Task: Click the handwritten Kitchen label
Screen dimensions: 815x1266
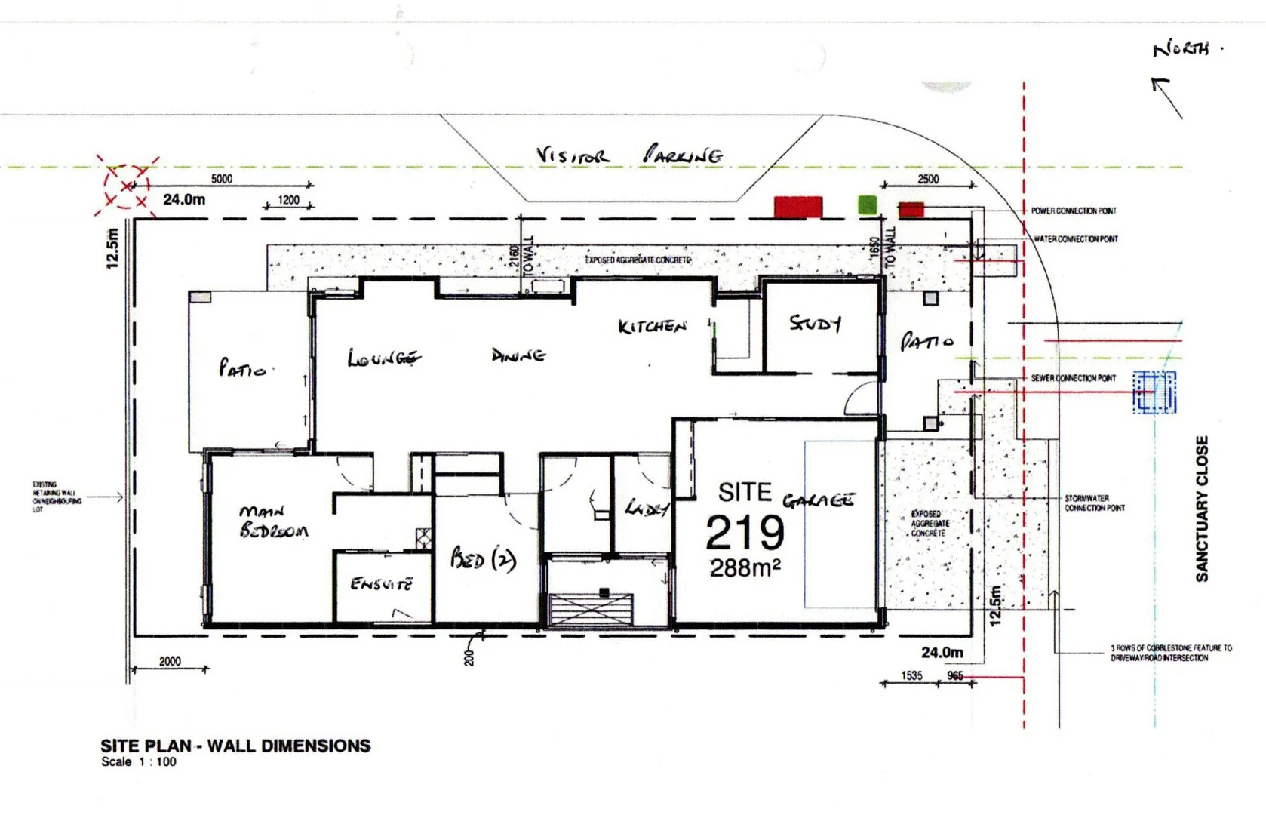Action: [x=652, y=326]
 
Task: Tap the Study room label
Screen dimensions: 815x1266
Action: [x=815, y=324]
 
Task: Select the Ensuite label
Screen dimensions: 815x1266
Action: [x=382, y=584]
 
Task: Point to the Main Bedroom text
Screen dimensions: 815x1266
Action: [x=273, y=521]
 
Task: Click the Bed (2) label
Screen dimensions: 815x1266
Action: [x=483, y=558]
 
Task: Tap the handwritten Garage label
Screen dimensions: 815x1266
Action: [x=819, y=500]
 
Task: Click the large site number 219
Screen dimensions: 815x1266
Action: [x=745, y=533]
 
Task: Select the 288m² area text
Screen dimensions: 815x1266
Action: [x=745, y=567]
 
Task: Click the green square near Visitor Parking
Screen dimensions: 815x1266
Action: [x=868, y=204]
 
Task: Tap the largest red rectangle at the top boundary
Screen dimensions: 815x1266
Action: [x=798, y=207]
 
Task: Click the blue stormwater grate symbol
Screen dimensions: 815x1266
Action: [x=1154, y=392]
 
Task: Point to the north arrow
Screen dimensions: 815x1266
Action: [x=1167, y=97]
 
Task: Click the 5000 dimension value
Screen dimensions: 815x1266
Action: [x=221, y=179]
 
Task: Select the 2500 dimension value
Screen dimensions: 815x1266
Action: [x=928, y=179]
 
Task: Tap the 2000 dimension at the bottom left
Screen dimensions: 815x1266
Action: [x=170, y=661]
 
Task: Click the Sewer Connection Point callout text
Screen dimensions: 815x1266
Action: [x=1073, y=378]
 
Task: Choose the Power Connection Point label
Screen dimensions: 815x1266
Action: [x=1073, y=211]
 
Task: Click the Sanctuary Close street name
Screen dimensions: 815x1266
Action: [x=1202, y=509]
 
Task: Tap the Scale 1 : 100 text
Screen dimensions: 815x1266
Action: [x=139, y=762]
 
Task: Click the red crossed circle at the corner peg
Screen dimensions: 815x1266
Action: [x=126, y=185]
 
